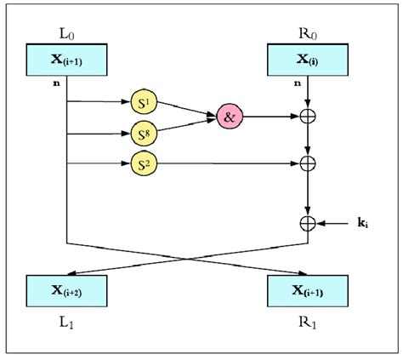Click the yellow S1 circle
(x=144, y=101)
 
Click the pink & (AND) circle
(x=228, y=117)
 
